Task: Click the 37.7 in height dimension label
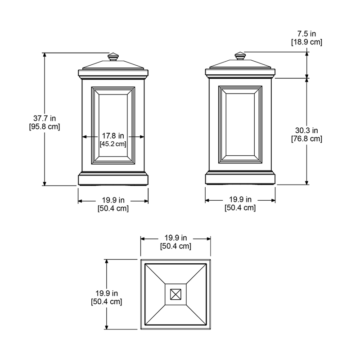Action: [x=45, y=118]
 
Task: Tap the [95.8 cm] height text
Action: [x=45, y=126]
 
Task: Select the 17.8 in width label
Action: [x=113, y=136]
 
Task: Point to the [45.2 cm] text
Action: [x=113, y=144]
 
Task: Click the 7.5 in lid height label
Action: [x=306, y=34]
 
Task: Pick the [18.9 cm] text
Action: [x=307, y=42]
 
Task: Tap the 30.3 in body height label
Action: [x=306, y=130]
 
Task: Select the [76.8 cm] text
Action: [x=307, y=139]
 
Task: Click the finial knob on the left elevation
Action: [x=113, y=57]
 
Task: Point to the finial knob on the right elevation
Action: [x=240, y=56]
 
